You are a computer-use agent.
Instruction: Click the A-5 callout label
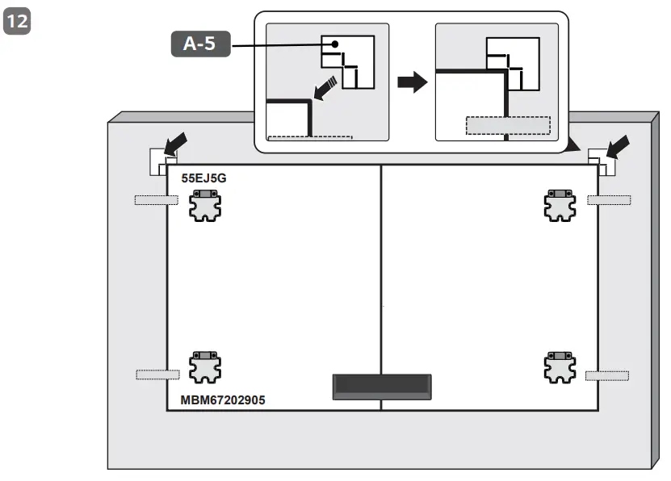pyautogui.click(x=200, y=44)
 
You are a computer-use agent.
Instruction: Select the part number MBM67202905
pyautogui.click(x=223, y=399)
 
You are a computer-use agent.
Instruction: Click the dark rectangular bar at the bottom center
pyautogui.click(x=382, y=387)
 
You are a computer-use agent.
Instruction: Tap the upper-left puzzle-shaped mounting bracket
pyautogui.click(x=203, y=205)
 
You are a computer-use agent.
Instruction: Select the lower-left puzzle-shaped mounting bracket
pyautogui.click(x=203, y=368)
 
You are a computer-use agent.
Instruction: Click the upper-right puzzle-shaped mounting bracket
pyautogui.click(x=560, y=205)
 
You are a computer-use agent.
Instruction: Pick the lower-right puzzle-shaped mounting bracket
pyautogui.click(x=560, y=368)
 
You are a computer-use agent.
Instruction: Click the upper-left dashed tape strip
pyautogui.click(x=156, y=199)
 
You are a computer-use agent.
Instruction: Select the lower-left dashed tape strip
pyautogui.click(x=157, y=374)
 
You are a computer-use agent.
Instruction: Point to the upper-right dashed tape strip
pyautogui.click(x=608, y=199)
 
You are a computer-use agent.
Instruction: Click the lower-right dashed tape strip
pyautogui.click(x=607, y=374)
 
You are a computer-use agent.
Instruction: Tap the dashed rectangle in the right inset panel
pyautogui.click(x=507, y=125)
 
